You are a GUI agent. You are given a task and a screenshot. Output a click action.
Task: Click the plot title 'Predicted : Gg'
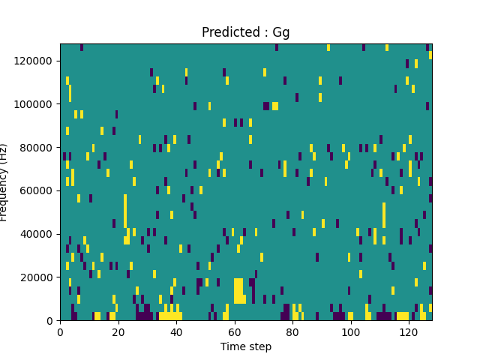[246, 32]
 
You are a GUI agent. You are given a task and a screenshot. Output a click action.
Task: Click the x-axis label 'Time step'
[246, 346]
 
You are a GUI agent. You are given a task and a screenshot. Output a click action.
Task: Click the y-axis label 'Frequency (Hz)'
[4, 182]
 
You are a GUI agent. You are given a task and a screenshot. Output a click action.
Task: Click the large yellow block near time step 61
[238, 291]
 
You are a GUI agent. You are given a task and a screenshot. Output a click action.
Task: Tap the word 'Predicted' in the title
[227, 32]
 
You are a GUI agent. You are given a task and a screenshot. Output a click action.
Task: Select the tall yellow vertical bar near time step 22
[125, 217]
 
